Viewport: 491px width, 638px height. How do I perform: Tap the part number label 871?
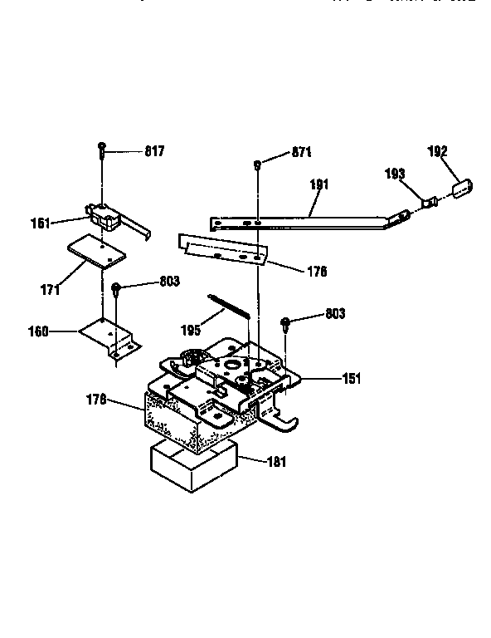pos(302,153)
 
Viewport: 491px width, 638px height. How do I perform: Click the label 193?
pos(394,174)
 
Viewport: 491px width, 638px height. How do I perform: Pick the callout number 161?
pos(63,222)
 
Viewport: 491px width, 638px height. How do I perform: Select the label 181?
pos(276,462)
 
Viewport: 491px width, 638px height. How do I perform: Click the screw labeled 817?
pos(101,150)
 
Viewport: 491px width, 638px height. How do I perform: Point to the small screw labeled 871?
pos(258,164)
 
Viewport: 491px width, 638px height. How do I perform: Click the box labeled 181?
pos(191,467)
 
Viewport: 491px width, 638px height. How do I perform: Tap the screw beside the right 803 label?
pos(285,322)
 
